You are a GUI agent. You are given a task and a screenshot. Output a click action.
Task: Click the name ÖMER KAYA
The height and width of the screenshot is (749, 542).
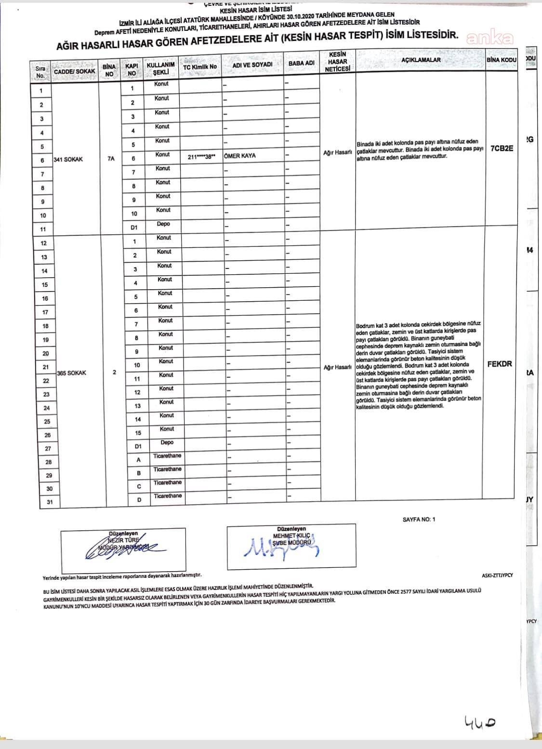(x=240, y=156)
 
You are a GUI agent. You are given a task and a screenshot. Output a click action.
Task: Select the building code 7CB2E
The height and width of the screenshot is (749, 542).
(x=502, y=148)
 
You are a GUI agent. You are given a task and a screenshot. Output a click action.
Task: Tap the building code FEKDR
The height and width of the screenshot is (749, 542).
(x=499, y=364)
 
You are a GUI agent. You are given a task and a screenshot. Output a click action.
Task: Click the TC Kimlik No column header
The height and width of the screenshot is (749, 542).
(x=200, y=67)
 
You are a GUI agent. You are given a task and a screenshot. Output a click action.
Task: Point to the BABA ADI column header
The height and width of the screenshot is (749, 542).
(x=302, y=64)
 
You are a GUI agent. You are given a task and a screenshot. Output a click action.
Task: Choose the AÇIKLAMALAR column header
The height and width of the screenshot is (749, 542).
(x=421, y=60)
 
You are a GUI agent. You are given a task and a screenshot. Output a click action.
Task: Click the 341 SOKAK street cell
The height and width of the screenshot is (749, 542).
(x=68, y=160)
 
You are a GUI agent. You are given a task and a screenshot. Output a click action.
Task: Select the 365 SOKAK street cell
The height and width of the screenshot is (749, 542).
(x=71, y=373)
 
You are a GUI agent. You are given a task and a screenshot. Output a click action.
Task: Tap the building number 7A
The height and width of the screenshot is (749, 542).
(x=111, y=159)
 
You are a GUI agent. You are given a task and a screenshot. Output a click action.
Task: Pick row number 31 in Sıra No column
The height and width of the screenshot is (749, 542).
(x=50, y=502)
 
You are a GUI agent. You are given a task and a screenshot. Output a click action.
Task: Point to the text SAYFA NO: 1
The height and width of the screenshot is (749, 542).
(x=419, y=520)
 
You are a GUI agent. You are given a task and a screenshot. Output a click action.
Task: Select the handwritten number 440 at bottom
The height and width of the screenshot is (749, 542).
(x=480, y=722)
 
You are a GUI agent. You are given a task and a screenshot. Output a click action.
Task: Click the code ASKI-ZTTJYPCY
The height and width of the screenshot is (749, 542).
(x=497, y=575)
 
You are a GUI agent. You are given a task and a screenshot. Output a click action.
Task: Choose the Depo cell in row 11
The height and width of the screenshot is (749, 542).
(x=163, y=224)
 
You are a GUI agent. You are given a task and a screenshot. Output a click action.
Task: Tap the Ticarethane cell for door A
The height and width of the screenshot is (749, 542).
(x=167, y=456)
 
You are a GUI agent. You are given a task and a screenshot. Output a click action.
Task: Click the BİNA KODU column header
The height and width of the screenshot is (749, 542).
(x=501, y=60)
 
